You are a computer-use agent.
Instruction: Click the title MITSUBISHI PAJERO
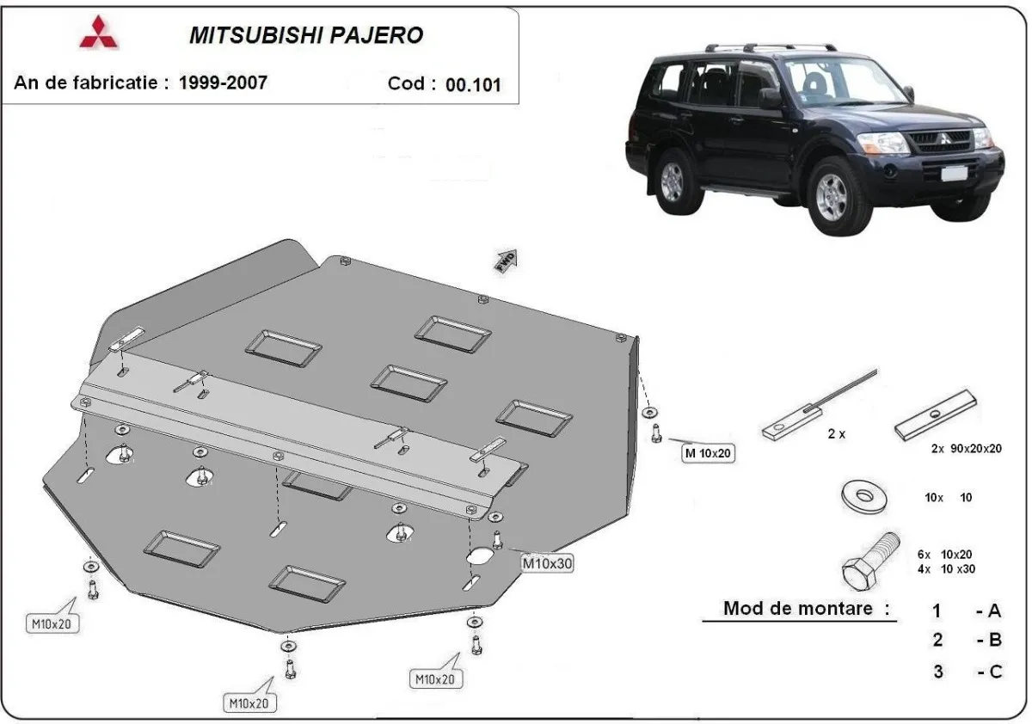click(x=305, y=35)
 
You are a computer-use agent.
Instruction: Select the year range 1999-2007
click(x=223, y=83)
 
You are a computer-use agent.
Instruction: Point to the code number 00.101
click(x=473, y=84)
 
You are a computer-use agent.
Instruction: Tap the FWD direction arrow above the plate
click(x=506, y=261)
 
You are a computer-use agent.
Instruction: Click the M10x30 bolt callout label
click(x=547, y=563)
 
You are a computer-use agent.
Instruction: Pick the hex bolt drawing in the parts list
click(x=869, y=560)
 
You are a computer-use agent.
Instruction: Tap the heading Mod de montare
click(x=806, y=609)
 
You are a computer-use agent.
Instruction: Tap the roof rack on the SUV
click(x=770, y=46)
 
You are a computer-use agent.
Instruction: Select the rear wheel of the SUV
click(x=672, y=181)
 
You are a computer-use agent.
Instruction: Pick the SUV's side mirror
click(x=770, y=97)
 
